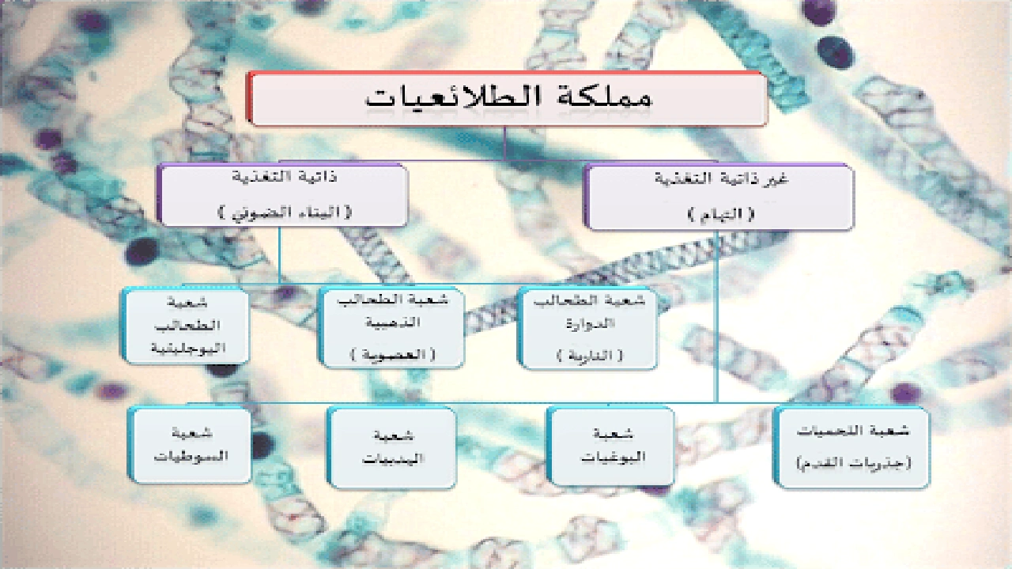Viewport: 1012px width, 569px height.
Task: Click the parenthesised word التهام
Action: tap(719, 214)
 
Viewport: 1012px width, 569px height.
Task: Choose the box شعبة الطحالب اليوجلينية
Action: tap(187, 326)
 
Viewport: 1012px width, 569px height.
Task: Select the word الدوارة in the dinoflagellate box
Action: tap(589, 324)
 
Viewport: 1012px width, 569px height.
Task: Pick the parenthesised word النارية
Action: tap(589, 356)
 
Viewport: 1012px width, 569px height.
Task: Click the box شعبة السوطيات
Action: tap(190, 445)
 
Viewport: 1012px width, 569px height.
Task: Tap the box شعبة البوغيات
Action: tap(610, 445)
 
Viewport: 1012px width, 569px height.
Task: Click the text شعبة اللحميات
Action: tap(852, 431)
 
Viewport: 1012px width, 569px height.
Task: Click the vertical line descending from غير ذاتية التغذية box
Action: tap(716, 316)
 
